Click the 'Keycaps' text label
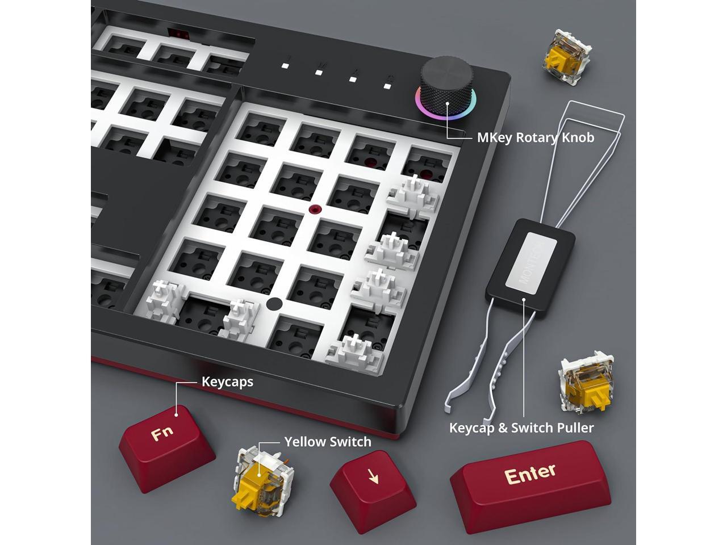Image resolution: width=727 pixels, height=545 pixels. pyautogui.click(x=228, y=381)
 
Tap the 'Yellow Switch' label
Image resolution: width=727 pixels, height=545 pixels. pyautogui.click(x=328, y=442)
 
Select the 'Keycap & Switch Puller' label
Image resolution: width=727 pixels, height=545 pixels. pyautogui.click(x=521, y=427)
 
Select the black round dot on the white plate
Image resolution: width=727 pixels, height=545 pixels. pyautogui.click(x=274, y=304)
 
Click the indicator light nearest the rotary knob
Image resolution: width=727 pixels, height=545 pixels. pyautogui.click(x=388, y=86)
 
